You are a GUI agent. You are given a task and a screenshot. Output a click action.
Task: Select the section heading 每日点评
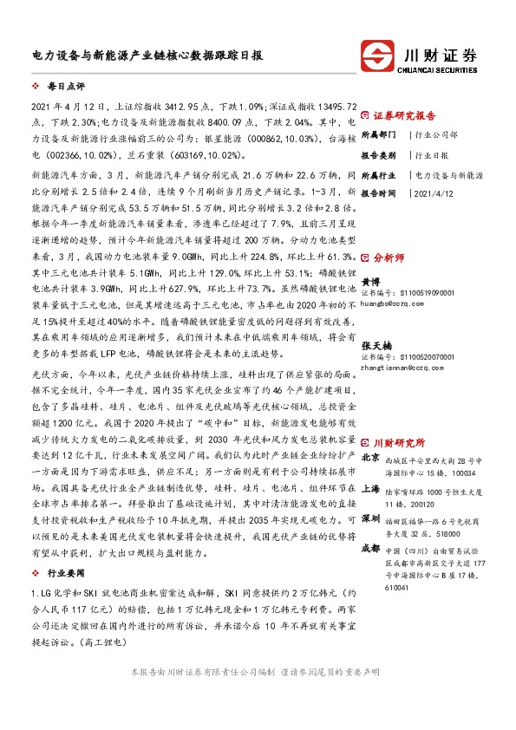point(65,88)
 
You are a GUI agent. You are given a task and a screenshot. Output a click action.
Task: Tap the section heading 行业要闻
point(65,574)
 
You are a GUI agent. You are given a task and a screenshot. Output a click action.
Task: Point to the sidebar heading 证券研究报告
point(404,114)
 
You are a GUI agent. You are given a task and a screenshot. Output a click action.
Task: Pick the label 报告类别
point(378,154)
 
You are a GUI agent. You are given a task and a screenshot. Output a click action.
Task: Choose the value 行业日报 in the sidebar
point(432,154)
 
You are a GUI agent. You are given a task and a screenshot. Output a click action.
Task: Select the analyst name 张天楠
point(376,345)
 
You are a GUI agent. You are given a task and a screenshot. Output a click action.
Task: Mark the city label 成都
point(369,548)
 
